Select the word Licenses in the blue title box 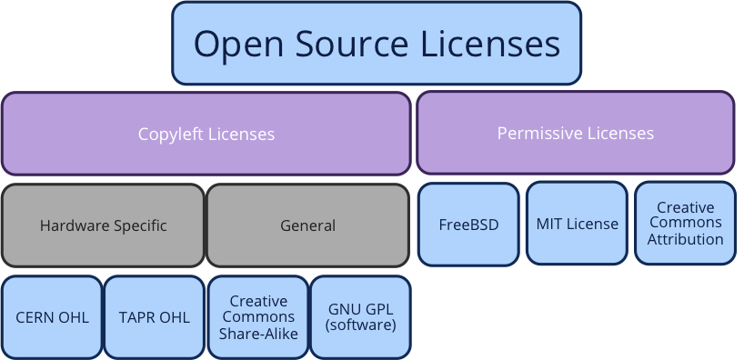point(495,44)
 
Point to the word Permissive point(540,134)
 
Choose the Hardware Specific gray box point(104,225)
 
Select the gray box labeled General point(308,225)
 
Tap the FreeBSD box point(468,224)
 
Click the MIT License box point(577,224)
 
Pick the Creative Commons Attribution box point(685,224)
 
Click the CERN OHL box point(52,317)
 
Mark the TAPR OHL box point(155,317)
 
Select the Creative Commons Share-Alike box point(258,316)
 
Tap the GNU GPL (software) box point(362,316)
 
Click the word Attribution point(686,240)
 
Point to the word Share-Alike point(258,333)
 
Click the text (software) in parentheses point(362,325)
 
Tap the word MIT point(549,224)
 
